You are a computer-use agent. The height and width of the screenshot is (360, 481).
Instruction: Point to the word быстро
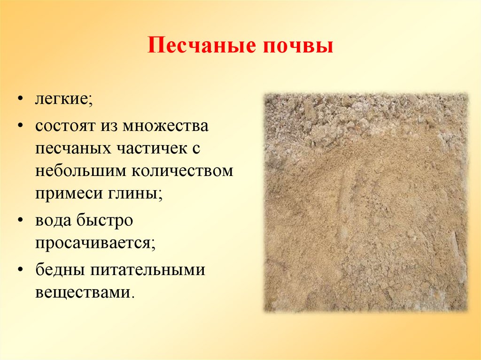click(x=104, y=221)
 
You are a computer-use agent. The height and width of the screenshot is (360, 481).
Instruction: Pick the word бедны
click(x=59, y=270)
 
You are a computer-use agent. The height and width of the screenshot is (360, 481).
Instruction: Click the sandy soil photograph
click(x=366, y=202)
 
